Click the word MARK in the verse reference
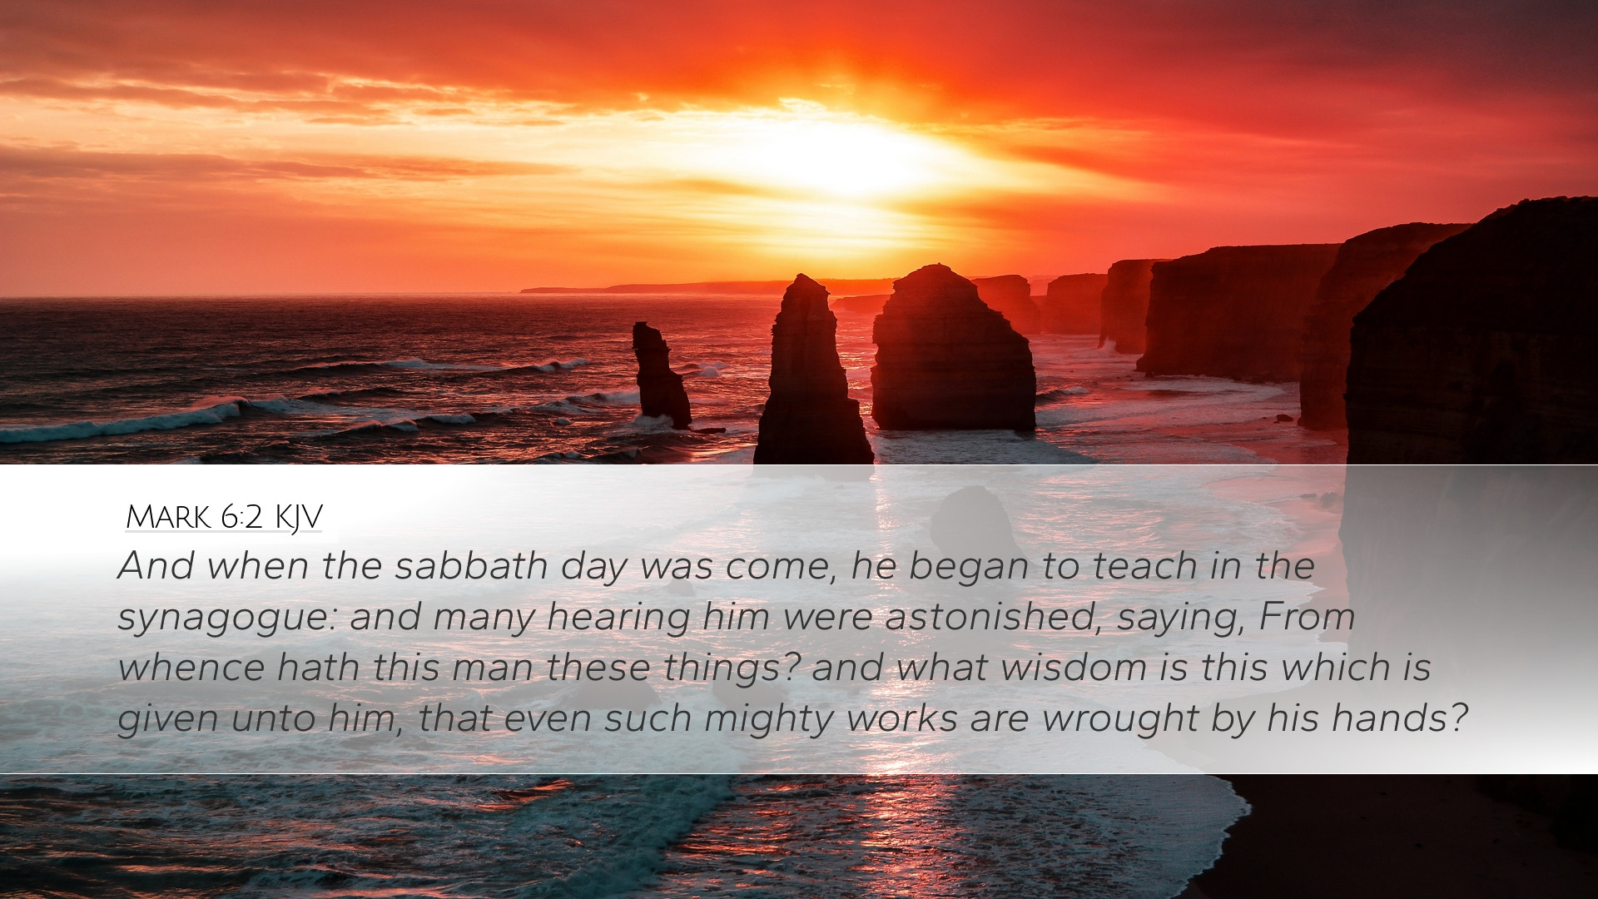(x=168, y=517)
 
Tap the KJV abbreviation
(x=298, y=518)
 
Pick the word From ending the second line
(x=1307, y=617)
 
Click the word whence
(x=191, y=668)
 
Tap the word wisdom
(x=1074, y=668)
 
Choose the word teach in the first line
(x=1145, y=566)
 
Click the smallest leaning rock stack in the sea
(x=661, y=375)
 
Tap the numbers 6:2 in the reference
(x=242, y=517)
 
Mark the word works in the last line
(x=902, y=718)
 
